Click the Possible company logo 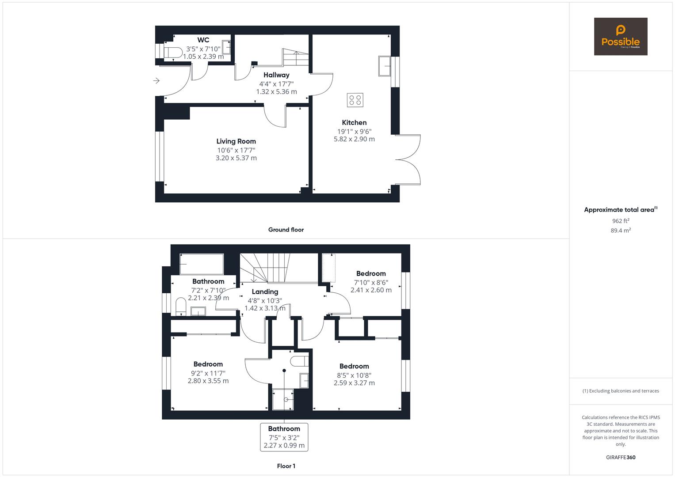click(x=620, y=36)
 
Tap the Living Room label click(x=236, y=141)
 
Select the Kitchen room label click(x=354, y=122)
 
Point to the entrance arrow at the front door click(x=156, y=81)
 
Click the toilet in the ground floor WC click(x=173, y=53)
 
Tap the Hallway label click(x=276, y=75)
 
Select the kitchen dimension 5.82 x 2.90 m click(x=354, y=139)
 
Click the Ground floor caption click(x=286, y=230)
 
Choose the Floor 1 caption click(x=286, y=466)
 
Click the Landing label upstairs click(x=265, y=291)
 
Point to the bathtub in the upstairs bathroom click(x=202, y=264)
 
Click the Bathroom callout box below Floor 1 click(x=284, y=437)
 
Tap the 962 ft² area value click(x=621, y=221)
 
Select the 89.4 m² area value click(x=621, y=230)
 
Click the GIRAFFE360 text click(x=621, y=458)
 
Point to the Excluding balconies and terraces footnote click(x=621, y=391)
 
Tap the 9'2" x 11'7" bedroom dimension click(x=208, y=373)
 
